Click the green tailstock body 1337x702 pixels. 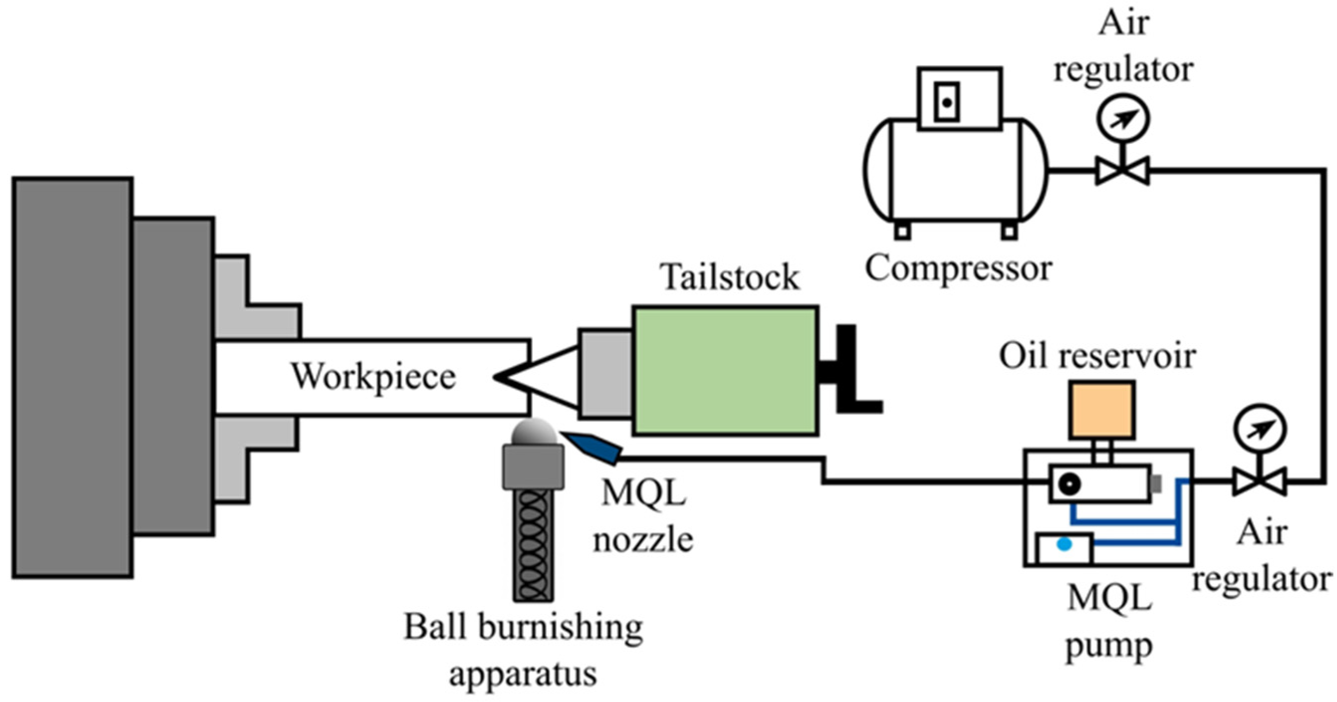(726, 371)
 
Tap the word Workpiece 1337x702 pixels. (373, 377)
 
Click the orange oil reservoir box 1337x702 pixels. (1102, 410)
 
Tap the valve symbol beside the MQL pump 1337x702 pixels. (1261, 482)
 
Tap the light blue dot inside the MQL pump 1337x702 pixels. (1065, 544)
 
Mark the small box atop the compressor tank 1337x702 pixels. (959, 99)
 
